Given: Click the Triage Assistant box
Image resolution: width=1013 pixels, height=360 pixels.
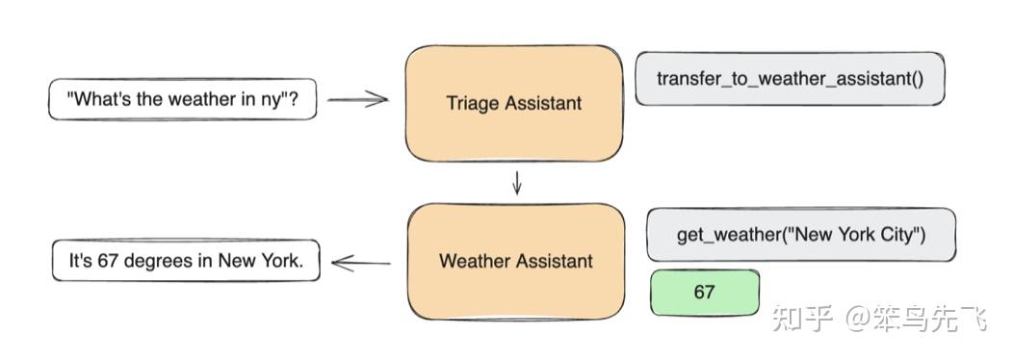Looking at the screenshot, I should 513,103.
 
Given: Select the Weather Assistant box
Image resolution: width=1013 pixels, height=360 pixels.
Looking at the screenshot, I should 515,261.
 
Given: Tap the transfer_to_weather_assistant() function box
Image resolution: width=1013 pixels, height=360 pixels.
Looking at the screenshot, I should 790,78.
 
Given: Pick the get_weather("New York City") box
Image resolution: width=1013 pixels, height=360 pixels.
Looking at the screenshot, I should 801,234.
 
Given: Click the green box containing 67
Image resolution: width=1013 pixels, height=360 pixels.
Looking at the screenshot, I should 704,292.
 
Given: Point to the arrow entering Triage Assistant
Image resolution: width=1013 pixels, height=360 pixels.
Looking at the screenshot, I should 357,98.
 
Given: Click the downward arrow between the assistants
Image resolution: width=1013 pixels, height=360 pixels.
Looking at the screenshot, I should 517,183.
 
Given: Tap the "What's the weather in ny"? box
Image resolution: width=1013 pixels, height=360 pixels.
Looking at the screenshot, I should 183,98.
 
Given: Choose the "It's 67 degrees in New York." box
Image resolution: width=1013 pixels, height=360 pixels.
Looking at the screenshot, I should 186,261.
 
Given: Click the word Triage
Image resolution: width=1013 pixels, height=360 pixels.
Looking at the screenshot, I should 469,103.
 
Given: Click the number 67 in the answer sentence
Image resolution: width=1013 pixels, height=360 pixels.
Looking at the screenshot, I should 107,261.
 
